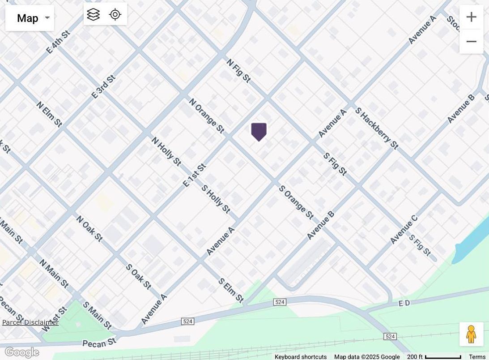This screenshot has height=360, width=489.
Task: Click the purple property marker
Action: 259,132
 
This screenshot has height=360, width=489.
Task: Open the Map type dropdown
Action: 30,18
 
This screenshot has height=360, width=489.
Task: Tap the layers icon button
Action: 94,14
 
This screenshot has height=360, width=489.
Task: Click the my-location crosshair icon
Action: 115,14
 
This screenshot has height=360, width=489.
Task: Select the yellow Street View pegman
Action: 471,334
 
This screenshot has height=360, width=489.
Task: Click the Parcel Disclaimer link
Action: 30,322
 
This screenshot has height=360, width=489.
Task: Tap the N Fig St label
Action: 238,70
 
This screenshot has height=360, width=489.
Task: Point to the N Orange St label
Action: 206,116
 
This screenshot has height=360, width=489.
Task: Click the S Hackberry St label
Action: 376,128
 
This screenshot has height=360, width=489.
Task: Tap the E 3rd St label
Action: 103,86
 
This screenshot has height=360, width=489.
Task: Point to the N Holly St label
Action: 166,151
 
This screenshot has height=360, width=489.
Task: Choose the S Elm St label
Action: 231,290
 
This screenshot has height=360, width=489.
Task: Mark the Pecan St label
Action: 99,343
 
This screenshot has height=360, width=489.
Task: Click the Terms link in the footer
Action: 477,357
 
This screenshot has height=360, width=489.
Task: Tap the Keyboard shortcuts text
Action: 301,357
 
